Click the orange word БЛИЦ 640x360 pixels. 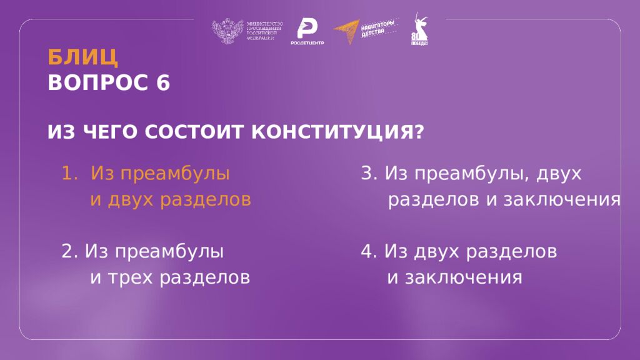[x=83, y=57]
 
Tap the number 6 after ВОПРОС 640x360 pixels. [x=163, y=82]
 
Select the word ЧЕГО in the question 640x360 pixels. [x=109, y=132]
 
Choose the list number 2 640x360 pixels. [x=68, y=251]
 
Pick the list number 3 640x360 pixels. [x=367, y=174]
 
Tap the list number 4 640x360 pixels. [x=367, y=251]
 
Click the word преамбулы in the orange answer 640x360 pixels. [x=181, y=174]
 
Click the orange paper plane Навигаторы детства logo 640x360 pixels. [x=347, y=32]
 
